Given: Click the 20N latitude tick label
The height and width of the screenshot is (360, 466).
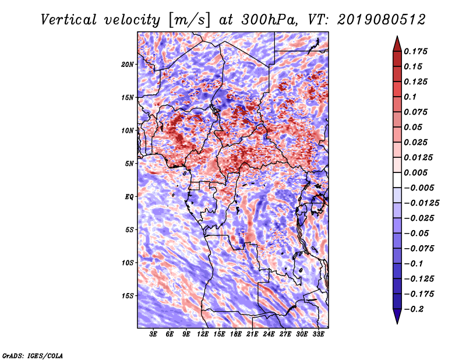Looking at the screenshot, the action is click(x=127, y=64).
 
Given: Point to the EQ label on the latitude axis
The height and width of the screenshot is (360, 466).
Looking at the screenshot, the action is click(x=129, y=196).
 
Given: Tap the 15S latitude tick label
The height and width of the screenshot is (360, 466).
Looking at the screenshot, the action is click(x=127, y=296).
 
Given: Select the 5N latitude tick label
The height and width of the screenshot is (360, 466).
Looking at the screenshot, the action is click(x=129, y=164).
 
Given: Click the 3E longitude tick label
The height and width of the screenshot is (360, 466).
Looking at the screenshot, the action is click(x=153, y=334).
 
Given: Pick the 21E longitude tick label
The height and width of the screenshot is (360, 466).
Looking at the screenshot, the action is click(x=252, y=334).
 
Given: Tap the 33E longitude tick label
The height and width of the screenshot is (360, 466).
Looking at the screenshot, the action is click(x=318, y=334).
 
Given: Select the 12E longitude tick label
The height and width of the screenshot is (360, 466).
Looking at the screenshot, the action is click(x=203, y=334).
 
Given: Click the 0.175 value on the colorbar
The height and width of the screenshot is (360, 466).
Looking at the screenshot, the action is click(x=415, y=51).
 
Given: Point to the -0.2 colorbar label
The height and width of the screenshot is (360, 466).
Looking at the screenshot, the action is click(x=414, y=309).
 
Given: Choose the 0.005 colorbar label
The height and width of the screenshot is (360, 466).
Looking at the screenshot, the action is click(x=415, y=172).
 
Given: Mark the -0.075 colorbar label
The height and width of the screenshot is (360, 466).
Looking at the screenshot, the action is click(x=419, y=249).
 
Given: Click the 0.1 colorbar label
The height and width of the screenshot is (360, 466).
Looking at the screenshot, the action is click(x=410, y=97).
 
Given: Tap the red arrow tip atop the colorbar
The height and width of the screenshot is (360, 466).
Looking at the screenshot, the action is click(x=397, y=36).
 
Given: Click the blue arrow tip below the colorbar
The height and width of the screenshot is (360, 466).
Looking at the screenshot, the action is click(x=397, y=323).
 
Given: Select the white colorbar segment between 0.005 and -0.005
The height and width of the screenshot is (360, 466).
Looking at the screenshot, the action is click(x=397, y=180).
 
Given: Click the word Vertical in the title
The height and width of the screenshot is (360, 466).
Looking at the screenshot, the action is click(x=69, y=20).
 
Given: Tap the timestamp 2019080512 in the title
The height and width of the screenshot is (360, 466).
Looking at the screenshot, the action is click(x=382, y=20).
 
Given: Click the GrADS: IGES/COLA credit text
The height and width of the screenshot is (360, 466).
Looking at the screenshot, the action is click(x=33, y=356).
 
